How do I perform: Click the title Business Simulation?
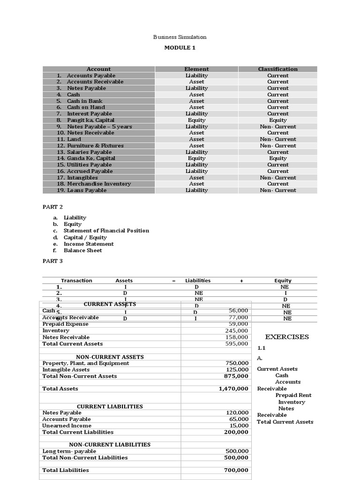(x=180, y=37)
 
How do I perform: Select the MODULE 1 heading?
(x=180, y=48)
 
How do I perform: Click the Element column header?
(x=196, y=69)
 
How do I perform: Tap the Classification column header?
(x=277, y=69)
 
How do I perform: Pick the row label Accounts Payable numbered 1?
(x=90, y=75)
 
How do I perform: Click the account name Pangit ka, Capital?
(x=90, y=120)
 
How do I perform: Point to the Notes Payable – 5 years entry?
(x=99, y=127)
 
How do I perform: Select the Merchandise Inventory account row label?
(x=98, y=184)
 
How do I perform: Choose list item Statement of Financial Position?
(x=106, y=231)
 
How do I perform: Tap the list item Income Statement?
(x=89, y=244)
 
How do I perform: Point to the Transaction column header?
(x=76, y=281)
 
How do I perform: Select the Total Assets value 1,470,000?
(x=233, y=389)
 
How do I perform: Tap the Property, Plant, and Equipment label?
(x=86, y=363)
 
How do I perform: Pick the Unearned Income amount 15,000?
(x=238, y=426)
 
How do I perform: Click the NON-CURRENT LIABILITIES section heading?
(x=110, y=444)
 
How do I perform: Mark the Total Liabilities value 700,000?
(x=236, y=470)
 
